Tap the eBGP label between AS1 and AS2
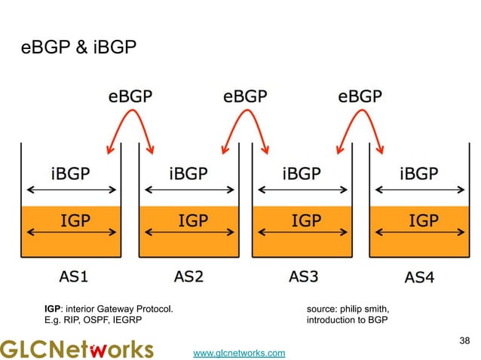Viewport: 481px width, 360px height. point(130,97)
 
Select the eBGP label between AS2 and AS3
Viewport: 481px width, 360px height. point(244,97)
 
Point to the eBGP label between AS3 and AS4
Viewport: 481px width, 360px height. point(359,97)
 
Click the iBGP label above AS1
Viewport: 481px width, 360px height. point(69,173)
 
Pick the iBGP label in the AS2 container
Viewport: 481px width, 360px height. point(187,173)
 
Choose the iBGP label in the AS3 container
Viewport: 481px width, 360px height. point(303,173)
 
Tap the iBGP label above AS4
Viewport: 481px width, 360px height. point(419,173)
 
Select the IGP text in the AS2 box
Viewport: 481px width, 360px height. point(188,221)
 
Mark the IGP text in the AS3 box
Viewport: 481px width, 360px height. point(304,221)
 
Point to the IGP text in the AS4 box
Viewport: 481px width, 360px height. point(420,221)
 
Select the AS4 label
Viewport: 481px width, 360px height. point(419,277)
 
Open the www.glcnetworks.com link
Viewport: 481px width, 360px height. point(239,352)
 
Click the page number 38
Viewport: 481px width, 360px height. point(464,341)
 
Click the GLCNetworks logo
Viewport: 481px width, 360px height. point(76,349)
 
